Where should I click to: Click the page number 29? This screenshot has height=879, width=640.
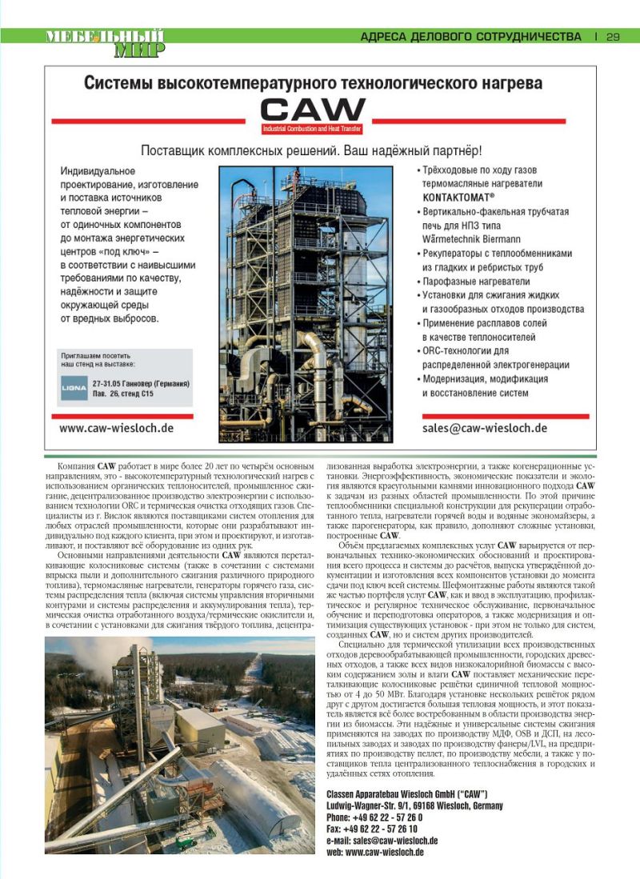point(614,37)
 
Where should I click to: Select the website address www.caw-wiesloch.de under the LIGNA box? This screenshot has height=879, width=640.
point(117,428)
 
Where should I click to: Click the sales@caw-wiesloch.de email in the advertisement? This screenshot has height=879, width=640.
point(485,428)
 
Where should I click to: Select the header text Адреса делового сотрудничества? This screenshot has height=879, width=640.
point(470,37)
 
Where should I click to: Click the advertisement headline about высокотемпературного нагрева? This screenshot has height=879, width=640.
point(313,83)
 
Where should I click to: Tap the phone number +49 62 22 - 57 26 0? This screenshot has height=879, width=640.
point(374,817)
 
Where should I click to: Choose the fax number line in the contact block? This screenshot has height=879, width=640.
point(371,829)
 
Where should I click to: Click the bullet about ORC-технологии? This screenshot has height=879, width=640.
point(467,350)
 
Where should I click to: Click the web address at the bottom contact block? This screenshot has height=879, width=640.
point(375,853)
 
